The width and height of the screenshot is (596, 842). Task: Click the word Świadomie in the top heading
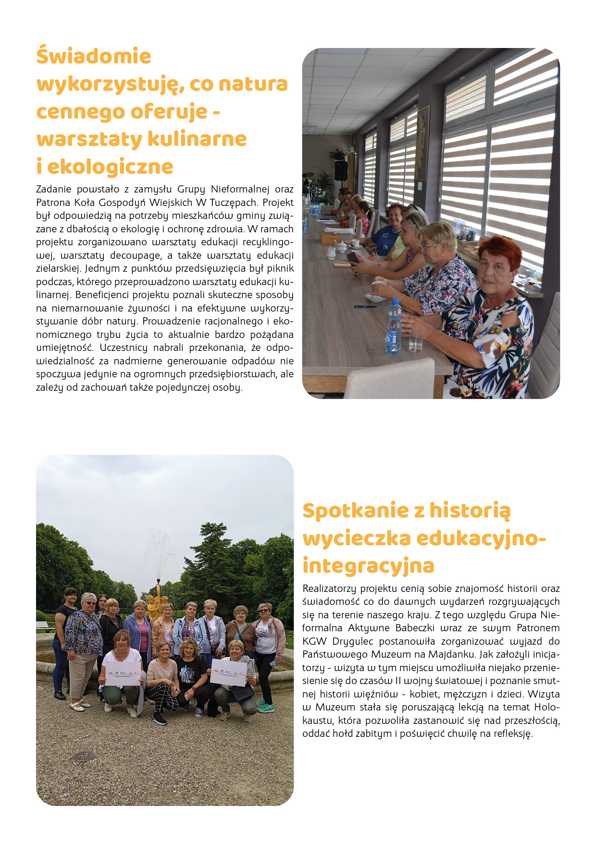coord(94,56)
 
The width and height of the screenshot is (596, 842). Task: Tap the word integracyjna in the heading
coord(368,565)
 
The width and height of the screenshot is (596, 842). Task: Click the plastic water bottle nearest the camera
coord(393,326)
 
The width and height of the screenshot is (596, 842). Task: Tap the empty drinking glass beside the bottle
coord(416,338)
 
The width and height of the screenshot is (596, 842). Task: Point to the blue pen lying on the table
coord(365,306)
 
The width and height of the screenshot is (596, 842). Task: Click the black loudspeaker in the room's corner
coord(340,170)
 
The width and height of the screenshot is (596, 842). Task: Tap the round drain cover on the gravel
coord(84,756)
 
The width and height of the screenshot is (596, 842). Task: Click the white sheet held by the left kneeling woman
coord(123,674)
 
